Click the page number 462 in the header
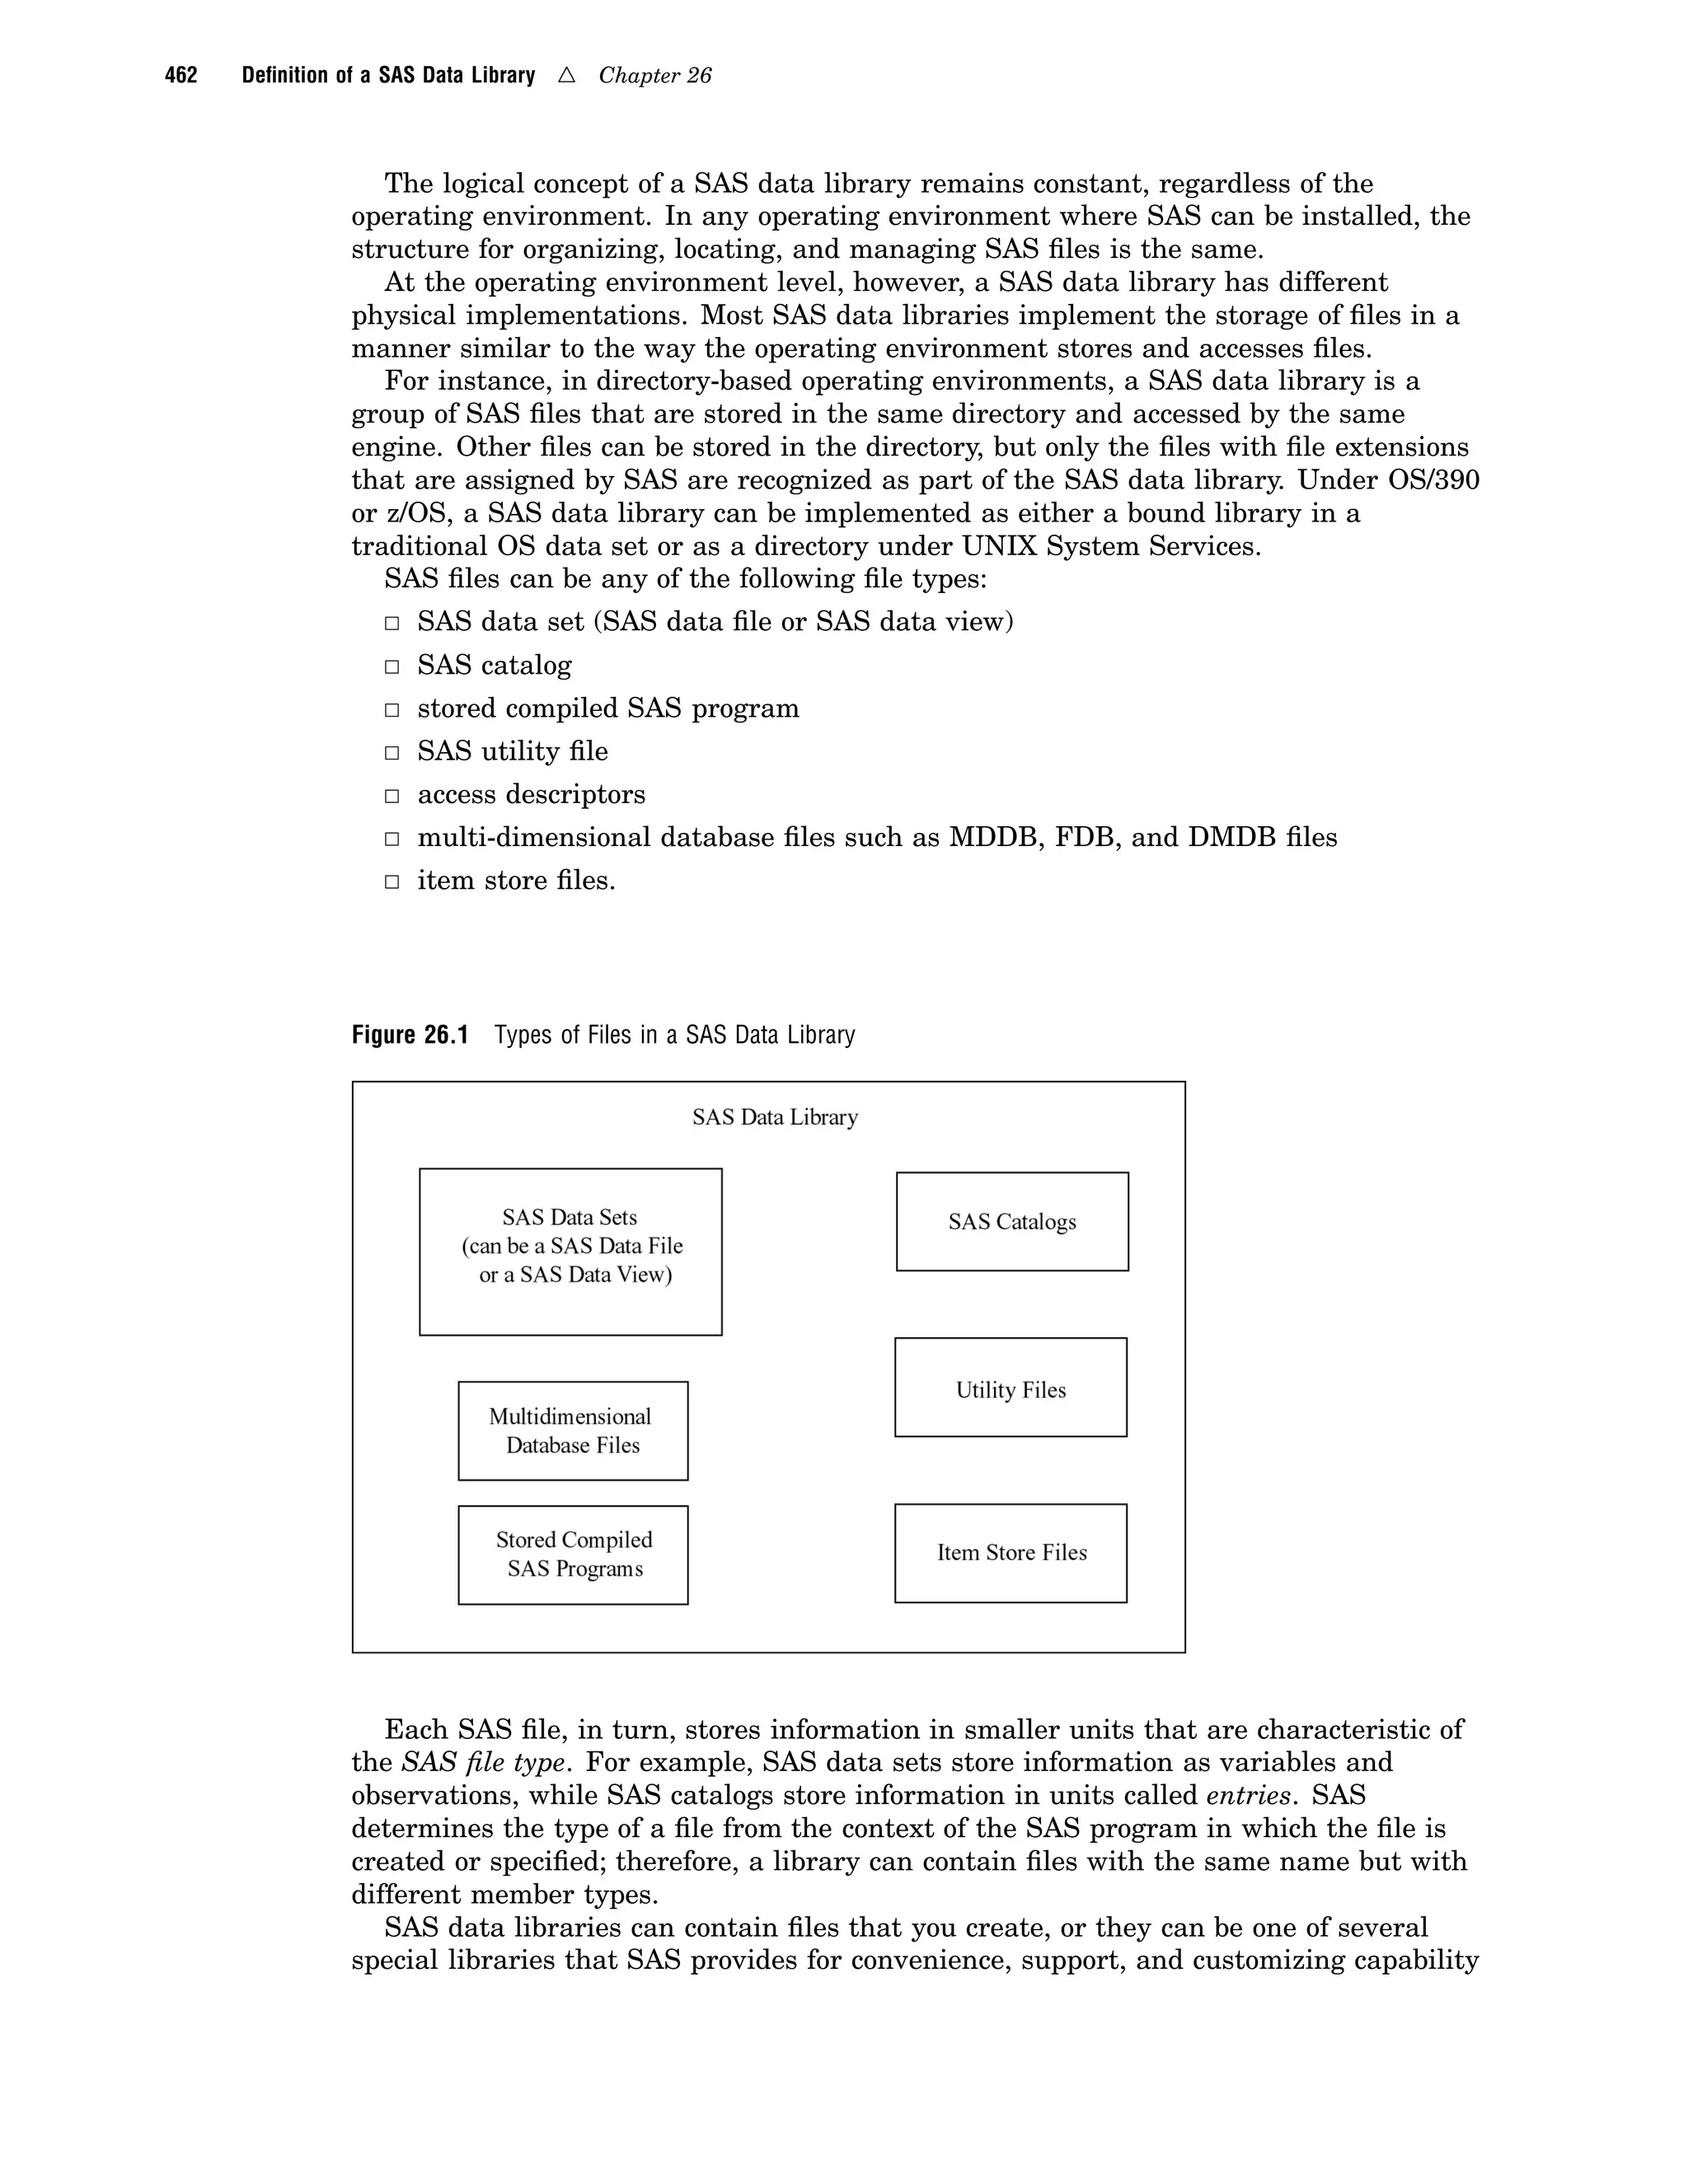(x=181, y=76)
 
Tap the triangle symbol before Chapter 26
(x=567, y=75)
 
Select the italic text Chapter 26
(x=655, y=76)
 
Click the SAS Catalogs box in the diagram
(x=1012, y=1222)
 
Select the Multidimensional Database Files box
(x=572, y=1430)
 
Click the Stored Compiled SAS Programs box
(x=572, y=1554)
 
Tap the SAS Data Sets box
(x=570, y=1250)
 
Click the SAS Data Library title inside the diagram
(x=774, y=1118)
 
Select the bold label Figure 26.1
(x=410, y=1035)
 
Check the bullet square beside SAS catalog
(x=393, y=666)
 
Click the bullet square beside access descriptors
(x=393, y=797)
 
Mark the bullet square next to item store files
(x=393, y=882)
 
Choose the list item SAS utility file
(x=512, y=750)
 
